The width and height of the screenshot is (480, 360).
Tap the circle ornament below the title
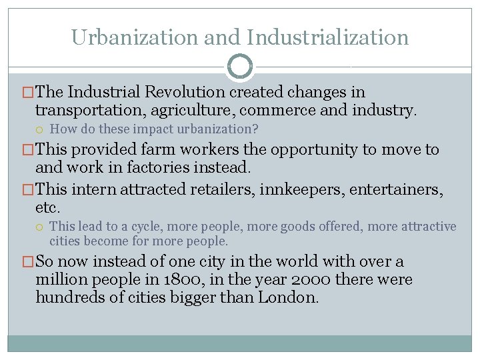240,67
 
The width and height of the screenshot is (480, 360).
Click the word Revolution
185,92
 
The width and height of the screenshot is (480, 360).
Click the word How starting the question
62,129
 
